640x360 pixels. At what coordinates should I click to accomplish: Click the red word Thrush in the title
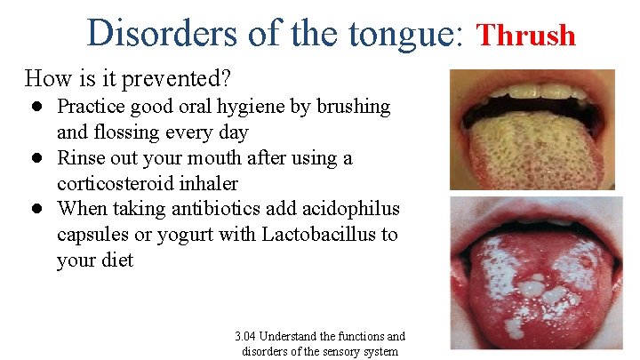point(527,36)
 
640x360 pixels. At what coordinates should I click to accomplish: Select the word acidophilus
point(356,209)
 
